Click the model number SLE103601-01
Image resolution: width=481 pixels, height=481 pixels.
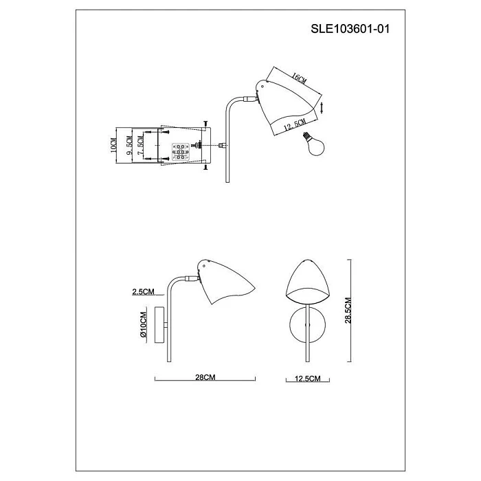(x=350, y=29)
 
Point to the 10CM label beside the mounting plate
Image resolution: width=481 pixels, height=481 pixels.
(x=114, y=146)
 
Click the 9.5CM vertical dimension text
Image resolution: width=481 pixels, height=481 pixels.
(x=131, y=146)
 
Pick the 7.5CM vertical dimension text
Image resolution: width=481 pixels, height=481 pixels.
(x=141, y=146)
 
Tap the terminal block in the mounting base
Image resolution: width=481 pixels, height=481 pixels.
(x=180, y=151)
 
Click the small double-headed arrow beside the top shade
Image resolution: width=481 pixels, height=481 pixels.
(x=323, y=106)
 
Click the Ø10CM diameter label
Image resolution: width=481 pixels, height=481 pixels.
(x=142, y=326)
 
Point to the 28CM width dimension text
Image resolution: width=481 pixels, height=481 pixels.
(x=205, y=378)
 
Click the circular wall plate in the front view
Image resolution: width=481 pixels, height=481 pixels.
(x=307, y=326)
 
